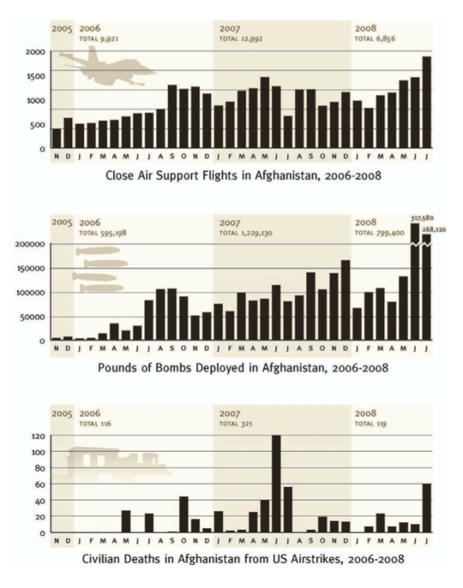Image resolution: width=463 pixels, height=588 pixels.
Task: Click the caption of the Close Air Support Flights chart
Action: click(243, 176)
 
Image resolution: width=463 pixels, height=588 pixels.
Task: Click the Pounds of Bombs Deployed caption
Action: click(243, 368)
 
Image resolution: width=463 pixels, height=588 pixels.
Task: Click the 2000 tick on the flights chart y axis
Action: click(35, 52)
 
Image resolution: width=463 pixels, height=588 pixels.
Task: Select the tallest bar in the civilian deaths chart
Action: click(276, 484)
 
